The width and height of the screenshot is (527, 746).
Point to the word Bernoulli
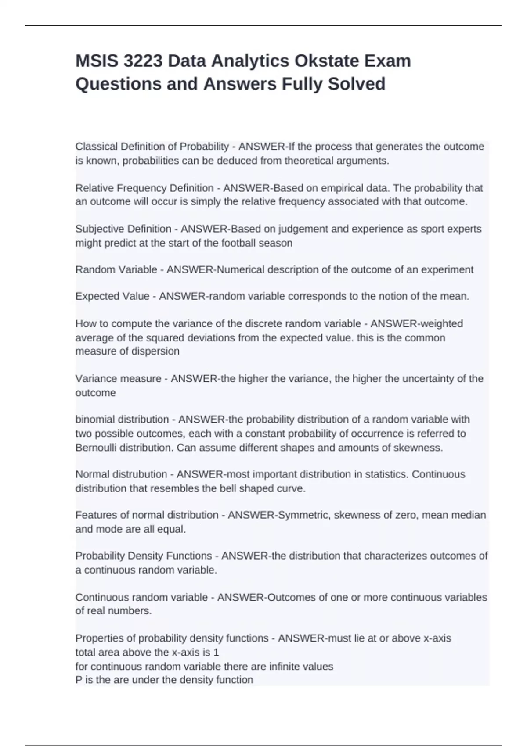point(96,448)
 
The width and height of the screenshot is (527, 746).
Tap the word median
point(471,515)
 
